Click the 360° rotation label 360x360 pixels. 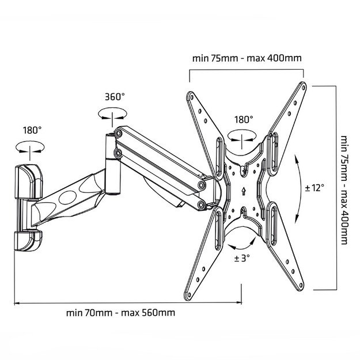click(x=115, y=97)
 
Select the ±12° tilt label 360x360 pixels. click(x=315, y=188)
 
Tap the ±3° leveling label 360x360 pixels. click(x=241, y=258)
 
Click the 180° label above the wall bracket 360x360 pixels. click(x=32, y=130)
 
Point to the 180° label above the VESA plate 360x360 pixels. click(x=244, y=120)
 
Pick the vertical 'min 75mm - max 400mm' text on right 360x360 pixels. click(x=344, y=190)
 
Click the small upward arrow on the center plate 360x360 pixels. click(x=244, y=190)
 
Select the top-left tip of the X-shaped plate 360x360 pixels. click(x=191, y=96)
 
